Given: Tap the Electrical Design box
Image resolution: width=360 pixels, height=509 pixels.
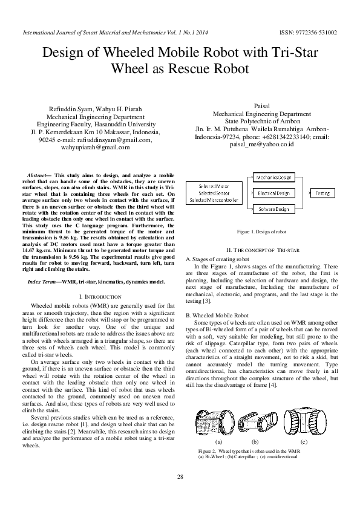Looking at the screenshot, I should point(273,193).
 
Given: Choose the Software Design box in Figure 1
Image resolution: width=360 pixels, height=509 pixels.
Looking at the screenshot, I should point(273,209).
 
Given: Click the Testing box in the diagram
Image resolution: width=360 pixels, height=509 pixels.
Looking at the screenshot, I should point(323,193).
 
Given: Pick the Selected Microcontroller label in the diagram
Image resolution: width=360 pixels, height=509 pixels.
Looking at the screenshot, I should point(215,199).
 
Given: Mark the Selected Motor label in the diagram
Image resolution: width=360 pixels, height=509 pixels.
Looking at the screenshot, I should point(215,187).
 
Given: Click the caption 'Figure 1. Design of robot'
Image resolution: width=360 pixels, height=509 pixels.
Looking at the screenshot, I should point(261,232).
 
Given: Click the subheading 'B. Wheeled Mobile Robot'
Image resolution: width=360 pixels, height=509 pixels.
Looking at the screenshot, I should point(217,316).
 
